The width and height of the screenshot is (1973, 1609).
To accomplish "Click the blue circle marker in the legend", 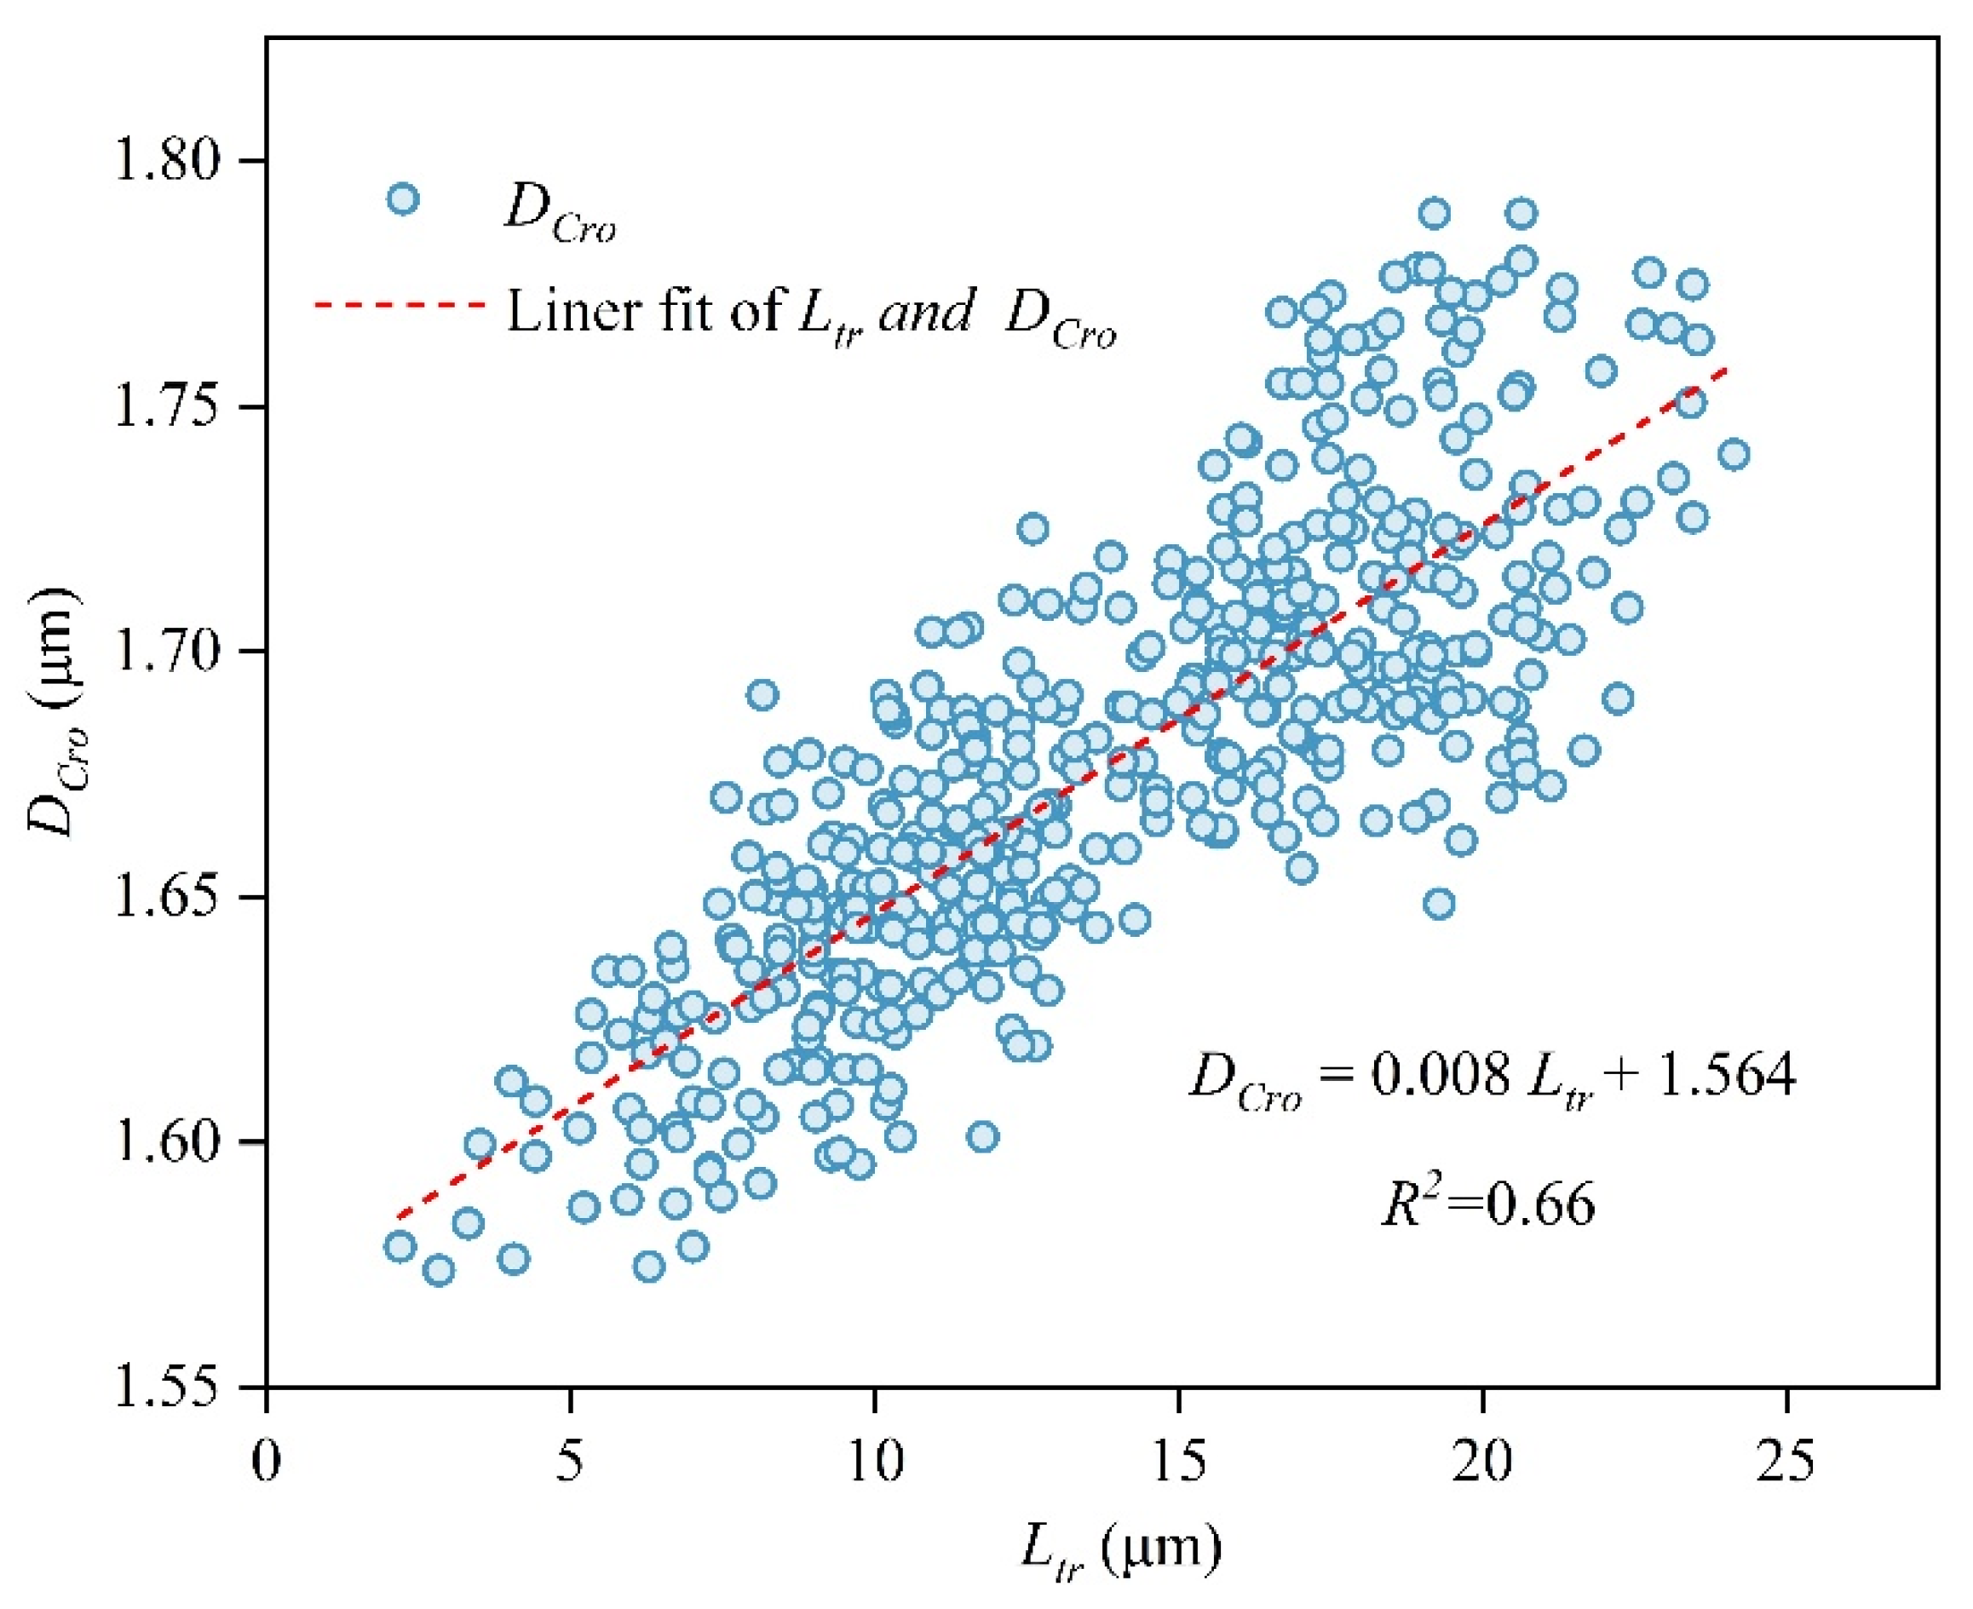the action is (402, 199).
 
